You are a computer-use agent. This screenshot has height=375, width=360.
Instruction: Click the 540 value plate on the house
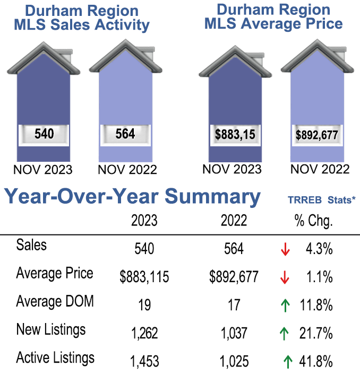pos(44,134)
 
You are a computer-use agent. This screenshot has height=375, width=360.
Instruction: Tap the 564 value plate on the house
pos(125,134)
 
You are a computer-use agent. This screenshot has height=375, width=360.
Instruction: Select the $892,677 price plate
pos(317,135)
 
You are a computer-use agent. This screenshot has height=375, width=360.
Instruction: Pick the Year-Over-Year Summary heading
pos(133,197)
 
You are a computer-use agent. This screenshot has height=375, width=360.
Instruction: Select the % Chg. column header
pos(313,221)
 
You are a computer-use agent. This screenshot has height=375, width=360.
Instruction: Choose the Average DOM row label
pos(55,302)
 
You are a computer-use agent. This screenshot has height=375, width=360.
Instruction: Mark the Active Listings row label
pos(55,357)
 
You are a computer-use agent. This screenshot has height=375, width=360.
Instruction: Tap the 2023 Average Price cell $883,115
pos(144,276)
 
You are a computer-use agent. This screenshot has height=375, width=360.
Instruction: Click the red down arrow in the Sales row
pos(285,249)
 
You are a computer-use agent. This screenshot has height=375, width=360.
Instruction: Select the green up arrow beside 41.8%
pos(288,362)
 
